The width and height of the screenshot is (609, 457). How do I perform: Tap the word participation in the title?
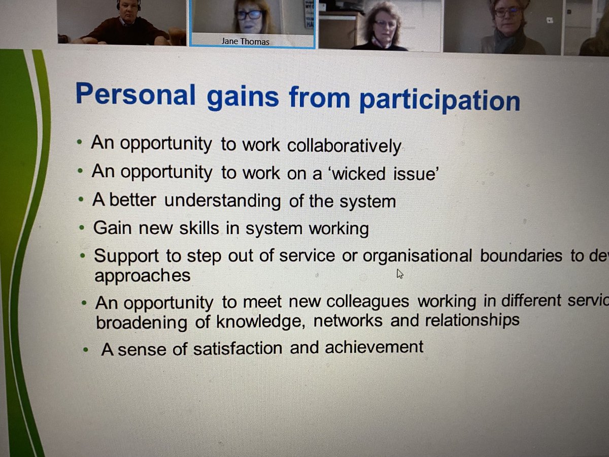(x=439, y=101)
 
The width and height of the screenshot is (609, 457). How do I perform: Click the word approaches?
(x=142, y=276)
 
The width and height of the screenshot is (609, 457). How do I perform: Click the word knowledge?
(x=260, y=321)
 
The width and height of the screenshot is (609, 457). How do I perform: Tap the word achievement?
(x=374, y=347)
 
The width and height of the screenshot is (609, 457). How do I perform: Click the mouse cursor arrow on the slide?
(x=399, y=274)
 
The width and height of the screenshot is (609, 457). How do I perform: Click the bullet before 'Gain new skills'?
(x=83, y=228)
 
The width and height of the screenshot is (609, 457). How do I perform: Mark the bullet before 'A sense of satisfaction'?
(x=86, y=349)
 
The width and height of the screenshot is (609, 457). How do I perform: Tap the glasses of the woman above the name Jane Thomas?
(x=249, y=15)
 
